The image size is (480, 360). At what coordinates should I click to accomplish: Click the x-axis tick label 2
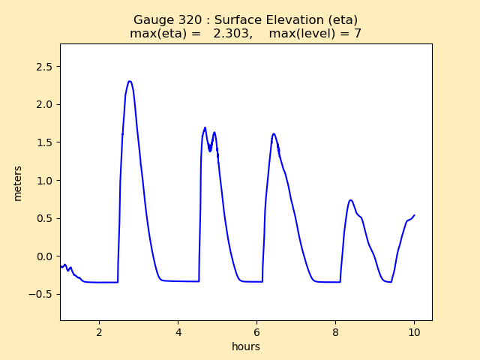point(100,332)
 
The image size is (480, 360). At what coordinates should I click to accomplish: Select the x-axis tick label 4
point(178,332)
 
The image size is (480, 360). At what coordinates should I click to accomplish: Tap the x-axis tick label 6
point(256,332)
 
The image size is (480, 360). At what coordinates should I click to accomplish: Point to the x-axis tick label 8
point(335,332)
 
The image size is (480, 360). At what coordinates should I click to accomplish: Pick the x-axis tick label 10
point(414,332)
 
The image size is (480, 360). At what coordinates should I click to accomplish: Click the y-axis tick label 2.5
point(45,67)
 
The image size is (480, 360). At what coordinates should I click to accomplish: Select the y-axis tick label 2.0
point(45,104)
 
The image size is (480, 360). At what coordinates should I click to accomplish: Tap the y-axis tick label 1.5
point(45,142)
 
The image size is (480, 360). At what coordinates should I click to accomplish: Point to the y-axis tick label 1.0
point(45,181)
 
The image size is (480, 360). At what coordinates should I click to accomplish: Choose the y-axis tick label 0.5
point(45,218)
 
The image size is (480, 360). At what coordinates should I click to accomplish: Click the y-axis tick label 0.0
point(45,256)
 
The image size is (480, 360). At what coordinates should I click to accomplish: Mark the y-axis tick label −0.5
point(42,294)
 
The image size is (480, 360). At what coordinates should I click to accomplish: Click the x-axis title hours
point(246,346)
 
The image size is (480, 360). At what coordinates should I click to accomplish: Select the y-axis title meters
point(18,182)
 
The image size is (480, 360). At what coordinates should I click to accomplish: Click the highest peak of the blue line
point(130,81)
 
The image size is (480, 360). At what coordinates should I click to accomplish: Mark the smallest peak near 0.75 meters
point(350,200)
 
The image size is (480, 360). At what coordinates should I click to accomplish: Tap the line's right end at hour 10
point(414,215)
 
